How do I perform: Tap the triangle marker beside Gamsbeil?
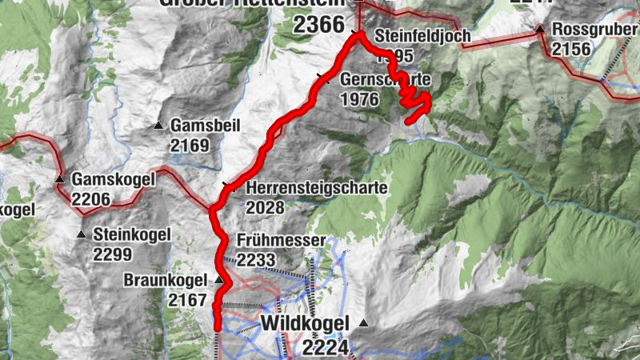click(x=158, y=126)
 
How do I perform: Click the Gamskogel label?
click(x=113, y=179)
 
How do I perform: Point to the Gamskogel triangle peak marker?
click(x=59, y=178)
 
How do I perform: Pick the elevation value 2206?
click(x=91, y=197)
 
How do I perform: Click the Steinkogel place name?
click(x=132, y=235)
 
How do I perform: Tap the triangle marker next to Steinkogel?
click(x=81, y=234)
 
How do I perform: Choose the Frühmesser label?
click(x=281, y=241)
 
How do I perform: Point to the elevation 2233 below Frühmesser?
click(x=256, y=259)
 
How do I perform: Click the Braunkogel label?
click(x=166, y=281)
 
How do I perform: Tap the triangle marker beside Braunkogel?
click(x=219, y=280)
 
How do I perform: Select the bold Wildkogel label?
click(x=306, y=324)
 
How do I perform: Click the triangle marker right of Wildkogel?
click(x=364, y=323)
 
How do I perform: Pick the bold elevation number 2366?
click(x=318, y=25)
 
